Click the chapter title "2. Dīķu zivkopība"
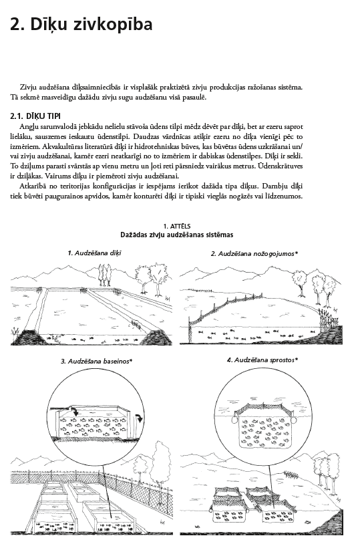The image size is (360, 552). pyautogui.click(x=81, y=25)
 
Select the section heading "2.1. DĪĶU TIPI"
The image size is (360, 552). pyautogui.click(x=35, y=116)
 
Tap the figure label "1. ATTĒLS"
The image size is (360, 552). pyautogui.click(x=177, y=227)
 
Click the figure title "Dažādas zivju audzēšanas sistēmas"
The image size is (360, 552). pyautogui.click(x=177, y=235)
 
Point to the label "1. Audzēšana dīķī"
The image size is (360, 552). pyautogui.click(x=95, y=253)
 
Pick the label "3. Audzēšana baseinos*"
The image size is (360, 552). pyautogui.click(x=96, y=361)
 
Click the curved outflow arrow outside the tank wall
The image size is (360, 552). pyautogui.click(x=140, y=418)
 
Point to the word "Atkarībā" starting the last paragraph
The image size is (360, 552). pyautogui.click(x=31, y=186)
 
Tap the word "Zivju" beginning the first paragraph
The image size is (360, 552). pyautogui.click(x=27, y=88)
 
